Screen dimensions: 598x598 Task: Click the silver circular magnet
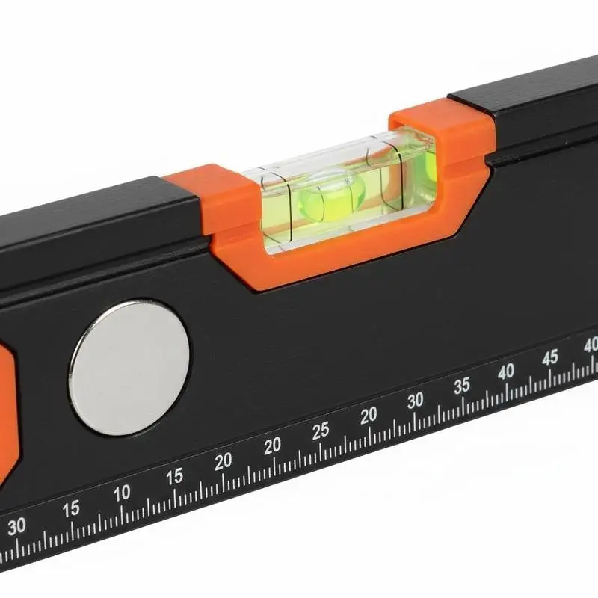[x=129, y=368]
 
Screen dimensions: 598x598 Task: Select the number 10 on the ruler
[x=122, y=493]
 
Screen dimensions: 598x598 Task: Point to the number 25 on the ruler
[x=321, y=431]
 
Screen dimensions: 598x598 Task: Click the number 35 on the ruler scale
[x=461, y=386]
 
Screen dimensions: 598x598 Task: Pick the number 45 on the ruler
[x=550, y=357]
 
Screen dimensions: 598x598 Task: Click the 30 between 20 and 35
[x=416, y=401]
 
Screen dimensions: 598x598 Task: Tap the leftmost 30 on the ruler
[x=16, y=527]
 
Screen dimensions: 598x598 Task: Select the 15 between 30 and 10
[x=71, y=509]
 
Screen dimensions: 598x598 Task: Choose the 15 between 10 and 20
[x=175, y=477]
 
